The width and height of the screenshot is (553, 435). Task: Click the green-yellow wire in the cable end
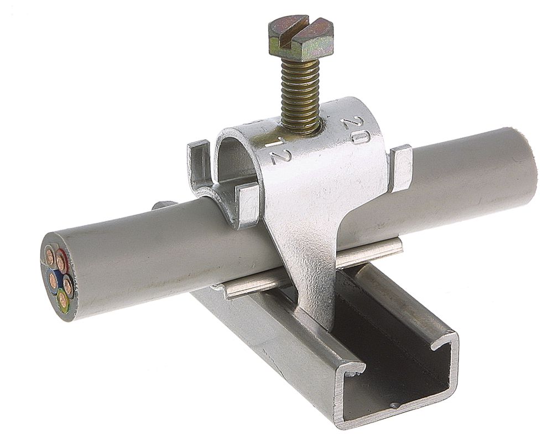click(63, 300)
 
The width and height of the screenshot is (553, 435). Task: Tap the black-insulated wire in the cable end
click(67, 285)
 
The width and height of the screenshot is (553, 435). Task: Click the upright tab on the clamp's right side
click(400, 166)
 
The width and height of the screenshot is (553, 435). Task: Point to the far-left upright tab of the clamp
click(199, 163)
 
